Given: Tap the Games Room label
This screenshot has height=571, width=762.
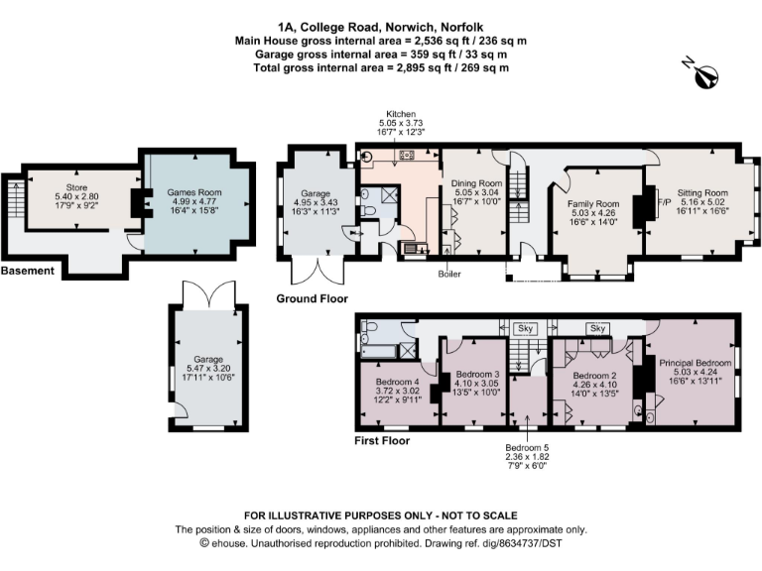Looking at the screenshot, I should pos(193,191).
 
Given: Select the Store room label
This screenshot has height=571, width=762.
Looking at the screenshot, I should pos(76,186).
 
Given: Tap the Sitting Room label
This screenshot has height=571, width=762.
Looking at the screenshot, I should pos(702,193).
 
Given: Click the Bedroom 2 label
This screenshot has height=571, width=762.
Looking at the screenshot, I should pos(595,376).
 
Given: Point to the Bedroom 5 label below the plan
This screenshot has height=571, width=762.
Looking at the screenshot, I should pos(527,446).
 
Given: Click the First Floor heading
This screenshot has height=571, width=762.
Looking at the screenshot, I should pos(382,439).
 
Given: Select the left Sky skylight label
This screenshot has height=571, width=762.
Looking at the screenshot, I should pos(527,327).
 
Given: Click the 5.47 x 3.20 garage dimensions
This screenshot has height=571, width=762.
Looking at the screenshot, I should pos(207,368).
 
